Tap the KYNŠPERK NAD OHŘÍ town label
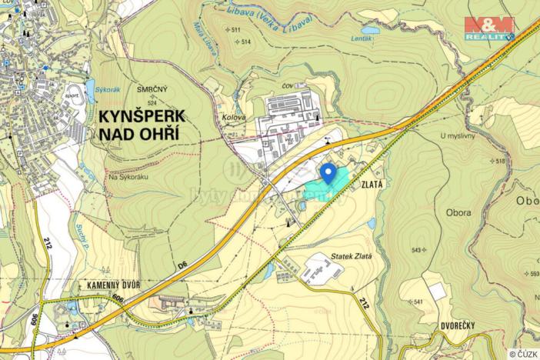[x=142, y=124]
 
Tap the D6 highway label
[x=182, y=265]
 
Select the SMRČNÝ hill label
[x=152, y=89]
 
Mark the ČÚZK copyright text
[x=522, y=353]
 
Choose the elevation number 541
[x=419, y=302]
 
